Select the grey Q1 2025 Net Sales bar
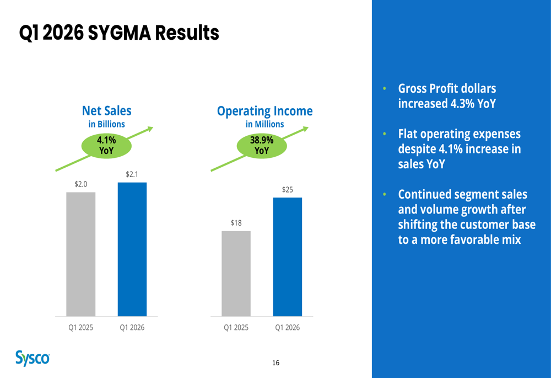81,254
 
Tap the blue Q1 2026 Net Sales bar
132,249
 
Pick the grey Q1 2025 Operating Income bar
236,273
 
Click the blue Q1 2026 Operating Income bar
288,257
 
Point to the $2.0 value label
81,184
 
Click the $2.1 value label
132,174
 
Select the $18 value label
236,222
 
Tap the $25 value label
288,189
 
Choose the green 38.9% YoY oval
262,145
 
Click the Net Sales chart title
107,111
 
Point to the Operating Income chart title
264,111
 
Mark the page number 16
275,363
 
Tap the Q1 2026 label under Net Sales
132,328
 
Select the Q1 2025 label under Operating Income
236,328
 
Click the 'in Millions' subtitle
264,124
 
